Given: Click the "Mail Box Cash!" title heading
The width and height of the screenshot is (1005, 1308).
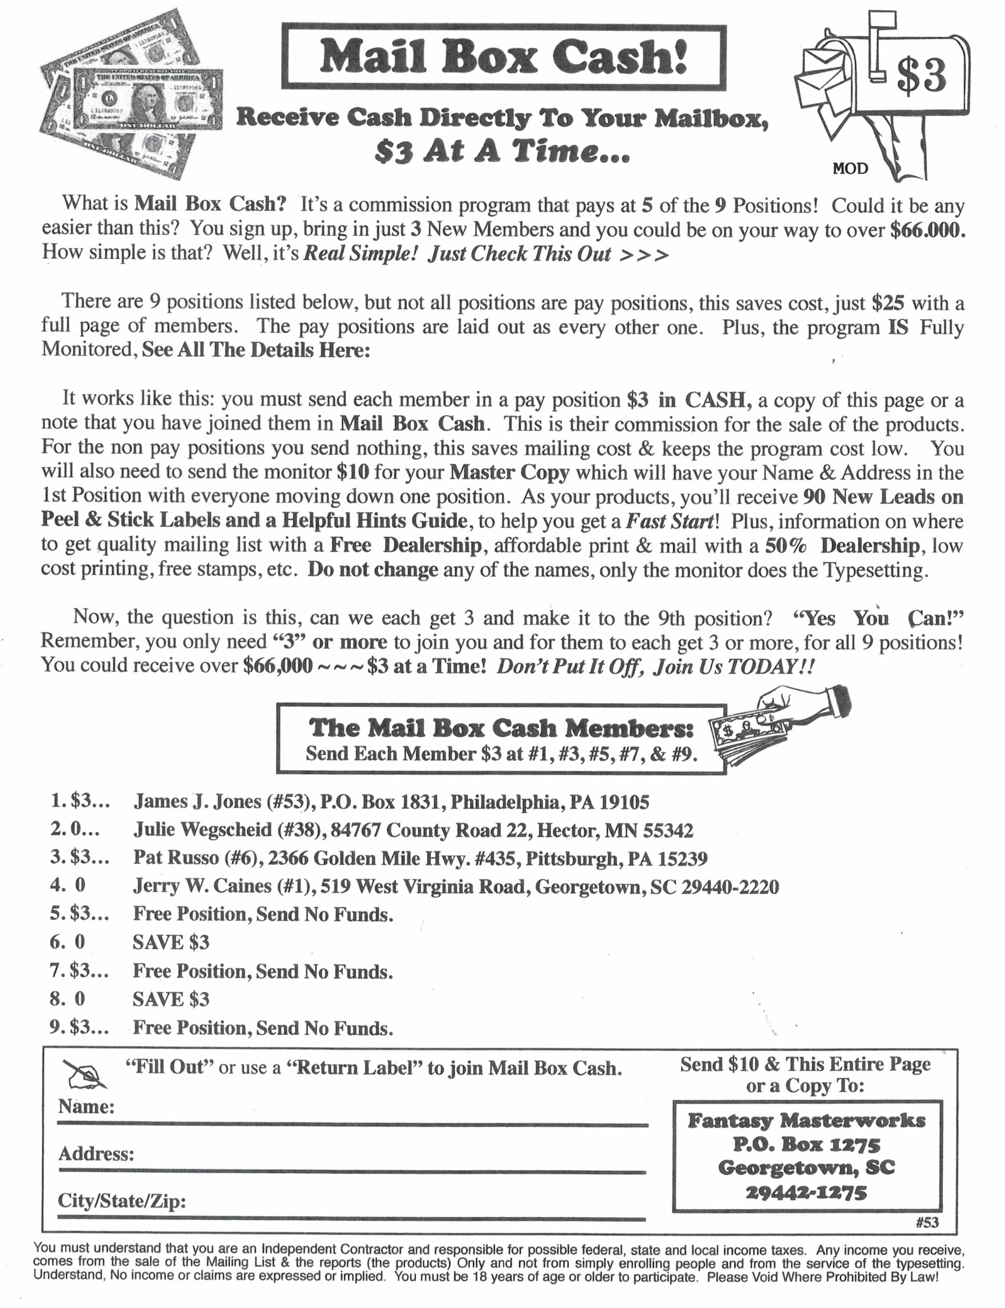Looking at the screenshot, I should point(504,58).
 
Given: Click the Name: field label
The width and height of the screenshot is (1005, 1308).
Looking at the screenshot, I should point(86,1107).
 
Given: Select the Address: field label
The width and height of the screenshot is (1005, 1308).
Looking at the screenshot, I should point(96,1153).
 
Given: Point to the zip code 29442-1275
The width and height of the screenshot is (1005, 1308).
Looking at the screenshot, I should point(806,1193).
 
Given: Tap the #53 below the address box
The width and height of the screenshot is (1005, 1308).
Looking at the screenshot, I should point(927,1223).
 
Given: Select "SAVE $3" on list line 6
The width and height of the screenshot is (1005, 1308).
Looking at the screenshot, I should point(171,943).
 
